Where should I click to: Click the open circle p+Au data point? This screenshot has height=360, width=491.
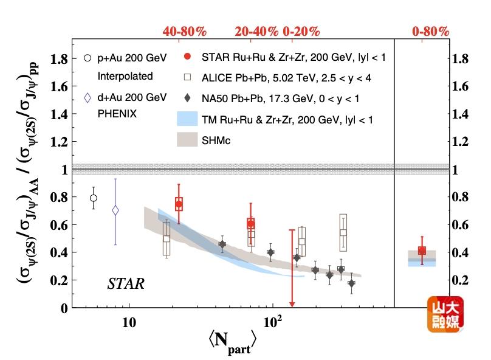93,198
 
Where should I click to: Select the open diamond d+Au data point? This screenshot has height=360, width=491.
115,210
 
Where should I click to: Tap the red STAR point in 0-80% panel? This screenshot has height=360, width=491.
422,251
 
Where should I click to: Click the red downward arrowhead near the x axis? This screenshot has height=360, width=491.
292,304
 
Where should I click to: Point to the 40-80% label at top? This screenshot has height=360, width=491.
185,31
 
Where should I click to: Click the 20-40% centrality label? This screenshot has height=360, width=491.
256,31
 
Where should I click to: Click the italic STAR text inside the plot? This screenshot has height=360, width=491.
126,283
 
